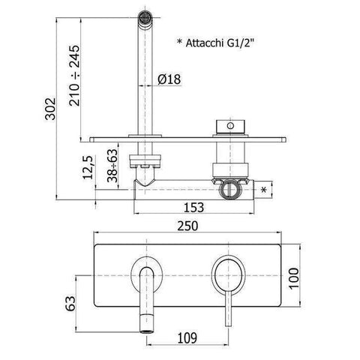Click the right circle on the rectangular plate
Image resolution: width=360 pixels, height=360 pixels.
point(226,272)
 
